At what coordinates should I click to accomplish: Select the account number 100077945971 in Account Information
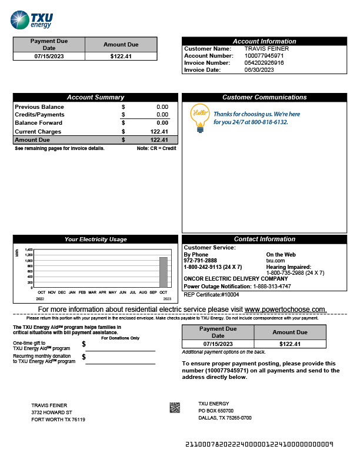[x=264, y=55]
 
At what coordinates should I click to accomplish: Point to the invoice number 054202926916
[x=264, y=62]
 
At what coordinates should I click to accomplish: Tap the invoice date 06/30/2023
[x=259, y=69]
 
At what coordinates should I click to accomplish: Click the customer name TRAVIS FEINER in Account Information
[x=266, y=48]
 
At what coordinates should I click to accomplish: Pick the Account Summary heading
[x=95, y=97]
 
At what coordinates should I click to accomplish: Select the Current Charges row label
[x=38, y=132]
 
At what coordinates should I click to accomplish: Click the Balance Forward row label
[x=38, y=123]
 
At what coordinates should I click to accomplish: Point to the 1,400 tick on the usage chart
[x=29, y=249]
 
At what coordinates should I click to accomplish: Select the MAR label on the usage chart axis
[x=92, y=292]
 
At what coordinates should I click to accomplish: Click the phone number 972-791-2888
[x=200, y=260]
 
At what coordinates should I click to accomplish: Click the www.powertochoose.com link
[x=285, y=309]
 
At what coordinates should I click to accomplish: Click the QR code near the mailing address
[x=175, y=407]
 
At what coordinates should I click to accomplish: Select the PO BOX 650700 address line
[x=216, y=411]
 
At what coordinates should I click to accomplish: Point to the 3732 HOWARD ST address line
[x=52, y=412]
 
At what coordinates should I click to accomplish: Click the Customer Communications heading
[x=264, y=97]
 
